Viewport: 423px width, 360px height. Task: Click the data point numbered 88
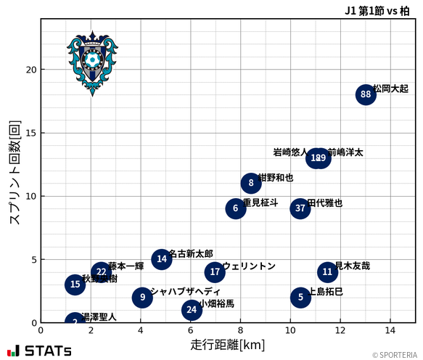coord(366,94)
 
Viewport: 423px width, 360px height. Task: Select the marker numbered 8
coord(251,183)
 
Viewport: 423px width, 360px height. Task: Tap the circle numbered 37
coord(300,208)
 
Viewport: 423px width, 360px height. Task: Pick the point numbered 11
coord(327,272)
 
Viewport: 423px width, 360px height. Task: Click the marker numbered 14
coord(162,259)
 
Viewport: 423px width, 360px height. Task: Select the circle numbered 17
coord(215,272)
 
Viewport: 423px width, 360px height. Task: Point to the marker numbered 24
coord(192,310)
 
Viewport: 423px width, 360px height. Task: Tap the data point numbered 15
coord(75,285)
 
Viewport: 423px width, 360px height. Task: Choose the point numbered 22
coord(102,272)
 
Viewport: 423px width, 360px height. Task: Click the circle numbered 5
coord(300,297)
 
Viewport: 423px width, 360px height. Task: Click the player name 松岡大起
coord(390,89)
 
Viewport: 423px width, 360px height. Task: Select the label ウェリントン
coord(249,266)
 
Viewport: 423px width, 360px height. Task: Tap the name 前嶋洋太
coord(345,152)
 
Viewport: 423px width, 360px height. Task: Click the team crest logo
coord(92,63)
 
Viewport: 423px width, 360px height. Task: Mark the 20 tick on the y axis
coord(32,70)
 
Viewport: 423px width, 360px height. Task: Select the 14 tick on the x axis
coord(390,330)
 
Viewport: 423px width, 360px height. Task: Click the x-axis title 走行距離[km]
coord(227,344)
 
